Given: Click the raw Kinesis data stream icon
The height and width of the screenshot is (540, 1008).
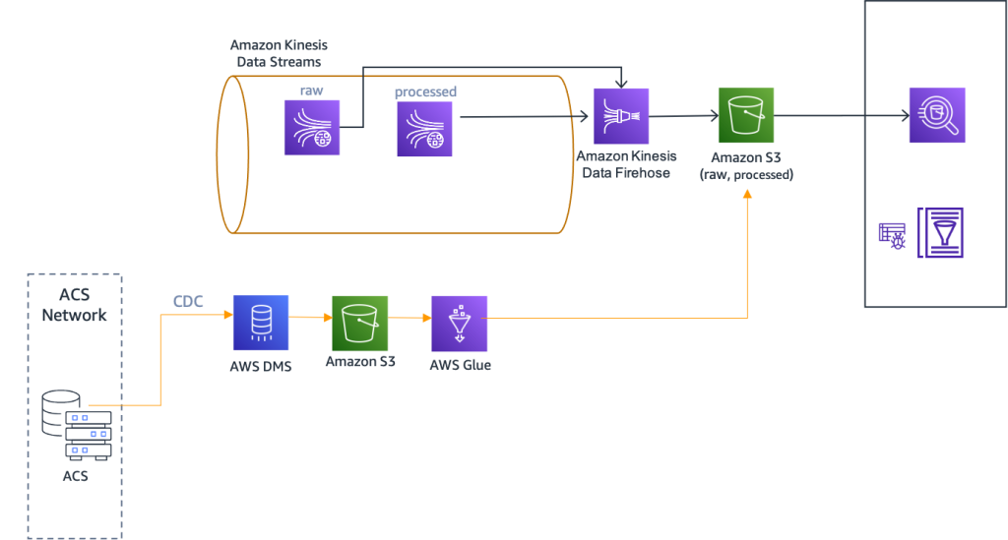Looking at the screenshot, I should [312, 128].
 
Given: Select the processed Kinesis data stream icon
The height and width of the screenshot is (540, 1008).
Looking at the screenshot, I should [425, 129].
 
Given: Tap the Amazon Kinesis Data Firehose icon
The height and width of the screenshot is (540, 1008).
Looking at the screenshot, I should [621, 116].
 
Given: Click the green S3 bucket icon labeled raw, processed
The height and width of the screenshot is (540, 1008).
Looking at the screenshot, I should [746, 116].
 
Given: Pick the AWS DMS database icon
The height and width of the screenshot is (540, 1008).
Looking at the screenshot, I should [261, 323].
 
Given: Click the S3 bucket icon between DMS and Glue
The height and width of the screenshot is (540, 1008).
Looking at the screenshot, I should [360, 324].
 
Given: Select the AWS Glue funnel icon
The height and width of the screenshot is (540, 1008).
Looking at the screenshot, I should [460, 324].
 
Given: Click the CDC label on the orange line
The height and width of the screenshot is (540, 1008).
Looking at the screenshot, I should [188, 302].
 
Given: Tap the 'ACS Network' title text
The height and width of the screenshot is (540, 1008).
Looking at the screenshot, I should [75, 304].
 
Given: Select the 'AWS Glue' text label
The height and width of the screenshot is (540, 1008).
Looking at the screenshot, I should [460, 365].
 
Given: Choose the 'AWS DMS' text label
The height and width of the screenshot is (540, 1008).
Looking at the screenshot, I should [261, 366].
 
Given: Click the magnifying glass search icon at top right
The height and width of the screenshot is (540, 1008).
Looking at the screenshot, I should [937, 116].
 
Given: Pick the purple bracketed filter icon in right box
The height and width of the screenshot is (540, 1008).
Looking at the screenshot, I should [940, 232].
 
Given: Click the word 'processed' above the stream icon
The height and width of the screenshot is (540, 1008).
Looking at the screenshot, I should [425, 91].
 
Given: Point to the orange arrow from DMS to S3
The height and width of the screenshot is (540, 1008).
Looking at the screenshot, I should [310, 318].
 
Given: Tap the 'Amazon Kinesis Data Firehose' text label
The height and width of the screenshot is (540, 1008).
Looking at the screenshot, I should [626, 164].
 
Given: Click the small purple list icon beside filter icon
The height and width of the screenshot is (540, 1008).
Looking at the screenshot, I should [892, 235].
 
